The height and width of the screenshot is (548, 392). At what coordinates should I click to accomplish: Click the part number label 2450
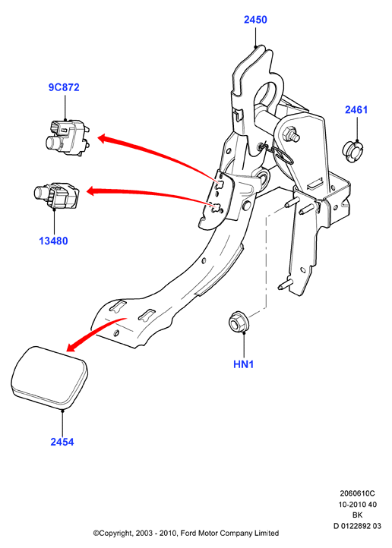[x=255, y=20]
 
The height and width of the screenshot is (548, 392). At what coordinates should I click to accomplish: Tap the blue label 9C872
[x=64, y=87]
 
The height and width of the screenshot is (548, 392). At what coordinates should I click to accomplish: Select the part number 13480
[x=53, y=241]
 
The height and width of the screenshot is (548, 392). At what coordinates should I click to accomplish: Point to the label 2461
[x=356, y=110]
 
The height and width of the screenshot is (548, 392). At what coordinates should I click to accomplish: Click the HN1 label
[x=243, y=364]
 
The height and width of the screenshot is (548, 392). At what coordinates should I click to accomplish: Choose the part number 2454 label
[x=62, y=442]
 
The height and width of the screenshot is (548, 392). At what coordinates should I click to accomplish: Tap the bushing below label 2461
[x=352, y=152]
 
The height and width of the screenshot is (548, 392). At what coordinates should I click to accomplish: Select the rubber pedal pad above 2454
[x=49, y=377]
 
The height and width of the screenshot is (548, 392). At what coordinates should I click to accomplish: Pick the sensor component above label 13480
[x=57, y=196]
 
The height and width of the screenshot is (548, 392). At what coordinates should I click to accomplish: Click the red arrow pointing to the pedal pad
[x=93, y=332]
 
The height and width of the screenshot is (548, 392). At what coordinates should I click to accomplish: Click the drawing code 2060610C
[x=357, y=493]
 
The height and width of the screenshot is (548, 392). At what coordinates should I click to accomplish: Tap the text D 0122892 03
[x=357, y=526]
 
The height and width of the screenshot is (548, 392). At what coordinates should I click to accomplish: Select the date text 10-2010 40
[x=357, y=504]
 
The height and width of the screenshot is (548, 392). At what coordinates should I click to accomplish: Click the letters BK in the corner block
[x=357, y=515]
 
